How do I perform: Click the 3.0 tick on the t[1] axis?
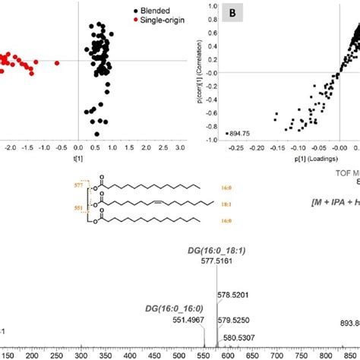[181, 150]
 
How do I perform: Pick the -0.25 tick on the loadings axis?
[228, 150]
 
